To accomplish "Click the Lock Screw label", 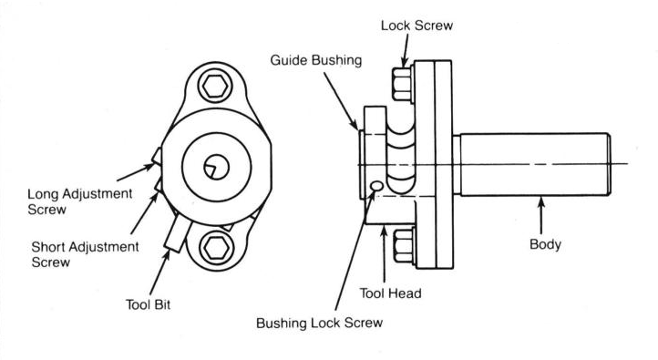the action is [416, 26].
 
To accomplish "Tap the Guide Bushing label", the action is [316, 60].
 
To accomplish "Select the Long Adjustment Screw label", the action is [79, 201].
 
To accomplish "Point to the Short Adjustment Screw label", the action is [85, 254].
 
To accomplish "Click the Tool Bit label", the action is [149, 304].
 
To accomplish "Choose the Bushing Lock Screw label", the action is [319, 323].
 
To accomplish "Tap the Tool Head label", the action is [390, 293].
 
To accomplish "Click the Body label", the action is [545, 244].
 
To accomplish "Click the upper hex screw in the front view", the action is [215, 87].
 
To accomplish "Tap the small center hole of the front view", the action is [217, 168].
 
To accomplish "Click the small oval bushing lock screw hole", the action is [376, 186].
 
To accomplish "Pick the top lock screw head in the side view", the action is [403, 85].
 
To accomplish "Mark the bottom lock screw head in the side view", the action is [404, 246].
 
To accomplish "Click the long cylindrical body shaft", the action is [535, 164].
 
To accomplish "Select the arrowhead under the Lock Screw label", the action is [404, 63].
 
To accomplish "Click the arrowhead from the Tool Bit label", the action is [167, 255].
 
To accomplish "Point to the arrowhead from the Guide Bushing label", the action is [355, 125].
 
